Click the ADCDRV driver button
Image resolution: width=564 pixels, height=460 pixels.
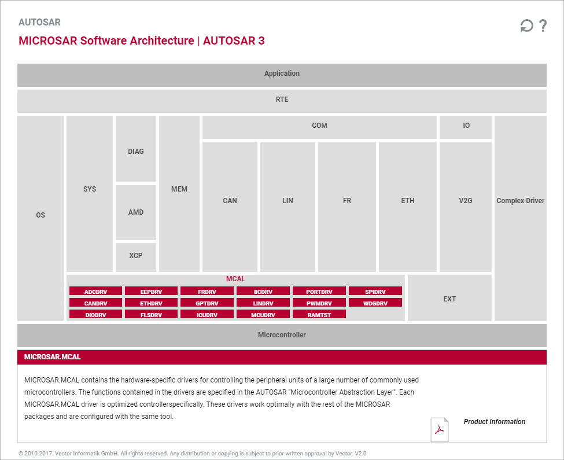click(95, 291)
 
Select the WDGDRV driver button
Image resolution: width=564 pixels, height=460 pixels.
click(375, 303)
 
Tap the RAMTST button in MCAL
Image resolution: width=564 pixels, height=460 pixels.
click(319, 314)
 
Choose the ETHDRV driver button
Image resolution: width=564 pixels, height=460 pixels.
click(151, 303)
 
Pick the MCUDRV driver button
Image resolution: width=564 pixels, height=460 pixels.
click(263, 314)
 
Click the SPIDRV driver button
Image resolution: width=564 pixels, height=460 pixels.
click(375, 291)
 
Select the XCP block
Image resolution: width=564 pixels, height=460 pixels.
click(136, 256)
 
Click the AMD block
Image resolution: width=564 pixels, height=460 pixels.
click(136, 212)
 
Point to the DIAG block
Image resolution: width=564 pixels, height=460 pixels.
click(136, 152)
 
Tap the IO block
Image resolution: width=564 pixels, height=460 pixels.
click(466, 126)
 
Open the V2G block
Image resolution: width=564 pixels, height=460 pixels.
click(466, 201)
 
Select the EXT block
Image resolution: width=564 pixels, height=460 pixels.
click(449, 299)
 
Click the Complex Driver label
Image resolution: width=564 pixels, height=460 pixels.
click(521, 201)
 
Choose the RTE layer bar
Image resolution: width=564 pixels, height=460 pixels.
click(282, 100)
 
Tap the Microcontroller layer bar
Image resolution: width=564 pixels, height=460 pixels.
click(282, 335)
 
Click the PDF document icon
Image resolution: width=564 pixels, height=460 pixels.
click(440, 429)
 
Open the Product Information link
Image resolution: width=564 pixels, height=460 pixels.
click(495, 422)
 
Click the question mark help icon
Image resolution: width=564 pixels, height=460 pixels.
click(543, 26)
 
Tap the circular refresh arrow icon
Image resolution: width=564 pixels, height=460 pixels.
click(526, 26)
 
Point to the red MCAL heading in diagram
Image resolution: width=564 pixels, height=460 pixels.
click(235, 279)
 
